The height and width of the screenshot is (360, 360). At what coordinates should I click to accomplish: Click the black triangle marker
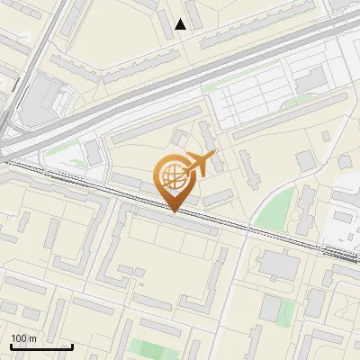(x=181, y=24)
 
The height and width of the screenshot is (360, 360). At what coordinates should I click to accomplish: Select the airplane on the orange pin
(x=200, y=165)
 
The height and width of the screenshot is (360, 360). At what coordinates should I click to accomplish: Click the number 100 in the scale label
(x=18, y=338)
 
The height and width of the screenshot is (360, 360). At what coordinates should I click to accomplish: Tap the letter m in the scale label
(x=32, y=338)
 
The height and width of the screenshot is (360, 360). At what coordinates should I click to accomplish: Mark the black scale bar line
(x=41, y=346)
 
